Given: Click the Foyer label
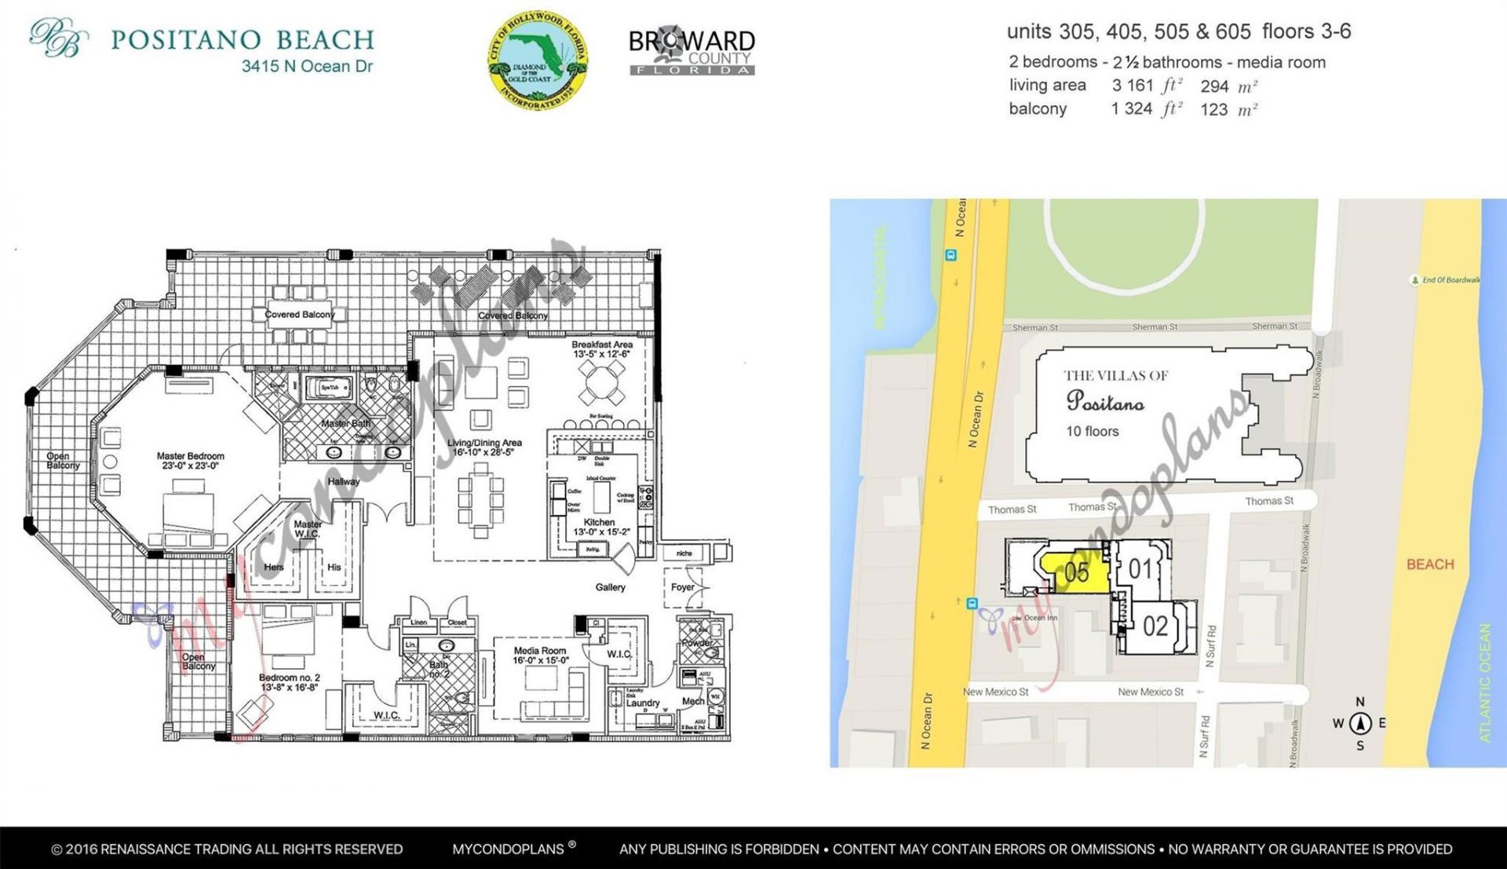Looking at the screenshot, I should [x=682, y=587].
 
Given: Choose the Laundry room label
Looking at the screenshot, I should [x=642, y=703].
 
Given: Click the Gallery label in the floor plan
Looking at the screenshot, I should [x=610, y=587].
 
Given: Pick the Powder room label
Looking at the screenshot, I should [x=696, y=642].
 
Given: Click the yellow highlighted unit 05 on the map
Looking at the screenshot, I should [x=1075, y=571].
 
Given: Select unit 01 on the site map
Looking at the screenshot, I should [x=1140, y=568].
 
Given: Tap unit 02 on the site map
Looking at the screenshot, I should [x=1155, y=626].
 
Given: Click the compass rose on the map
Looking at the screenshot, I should [x=1360, y=724].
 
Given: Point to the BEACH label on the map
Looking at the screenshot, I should [x=1429, y=564].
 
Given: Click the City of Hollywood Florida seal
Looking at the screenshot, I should [x=538, y=60].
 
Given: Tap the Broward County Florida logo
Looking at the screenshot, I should [x=691, y=52].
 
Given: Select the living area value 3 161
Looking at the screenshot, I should [x=1132, y=86].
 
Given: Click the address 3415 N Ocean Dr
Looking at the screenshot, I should [x=307, y=67].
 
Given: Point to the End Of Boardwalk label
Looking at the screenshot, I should [x=1450, y=280].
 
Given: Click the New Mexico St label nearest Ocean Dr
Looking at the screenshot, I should [x=995, y=692].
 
